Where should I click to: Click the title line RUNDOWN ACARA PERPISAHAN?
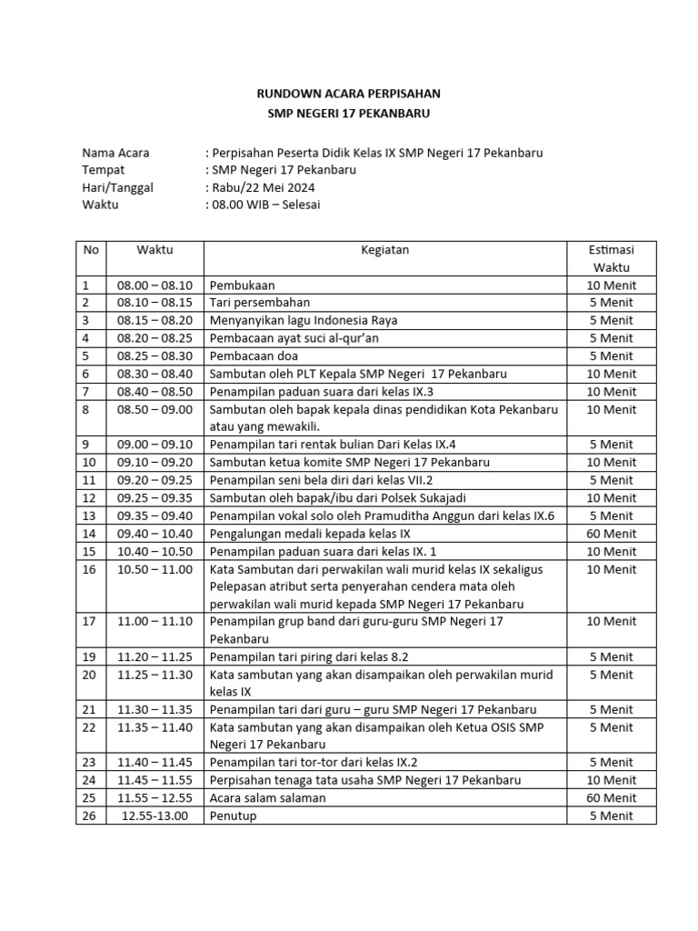(x=349, y=94)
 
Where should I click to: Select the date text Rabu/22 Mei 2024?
(x=264, y=187)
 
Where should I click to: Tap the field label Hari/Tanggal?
(x=117, y=187)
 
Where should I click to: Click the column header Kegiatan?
(x=384, y=249)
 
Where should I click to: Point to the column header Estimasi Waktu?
(x=611, y=258)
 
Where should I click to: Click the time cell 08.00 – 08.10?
(x=155, y=285)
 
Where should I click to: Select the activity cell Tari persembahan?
(x=260, y=303)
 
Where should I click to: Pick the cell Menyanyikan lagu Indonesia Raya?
(x=304, y=320)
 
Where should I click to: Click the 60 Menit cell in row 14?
(x=611, y=534)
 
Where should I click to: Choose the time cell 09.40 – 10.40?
(x=155, y=534)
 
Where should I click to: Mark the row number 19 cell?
(x=88, y=656)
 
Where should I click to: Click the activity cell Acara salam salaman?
(x=267, y=797)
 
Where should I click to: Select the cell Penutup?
(x=234, y=816)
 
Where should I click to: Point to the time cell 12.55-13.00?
(x=155, y=816)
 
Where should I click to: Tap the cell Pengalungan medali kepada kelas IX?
(x=310, y=534)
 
